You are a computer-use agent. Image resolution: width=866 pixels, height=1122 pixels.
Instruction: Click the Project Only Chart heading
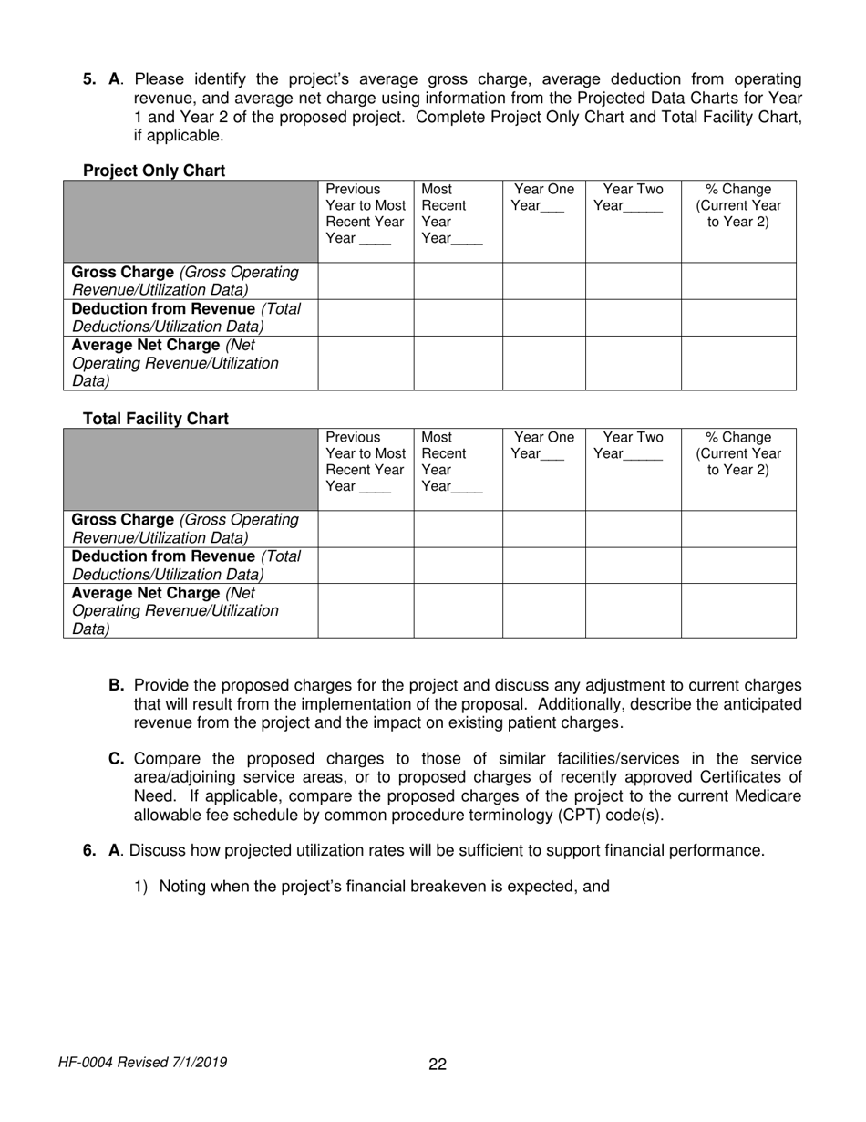point(154,171)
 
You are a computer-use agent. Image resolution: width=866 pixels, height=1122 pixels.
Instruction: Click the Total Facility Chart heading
point(156,419)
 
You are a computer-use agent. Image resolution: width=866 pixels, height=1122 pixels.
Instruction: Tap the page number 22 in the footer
point(438,1064)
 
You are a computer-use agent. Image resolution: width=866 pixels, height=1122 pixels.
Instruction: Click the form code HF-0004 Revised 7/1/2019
point(142,1062)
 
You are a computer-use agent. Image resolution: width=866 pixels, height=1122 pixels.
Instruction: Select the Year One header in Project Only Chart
point(543,198)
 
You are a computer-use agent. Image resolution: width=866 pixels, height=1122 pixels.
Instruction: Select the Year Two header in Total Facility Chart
point(633,445)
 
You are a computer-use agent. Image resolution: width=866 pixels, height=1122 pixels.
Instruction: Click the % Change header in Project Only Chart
point(738,206)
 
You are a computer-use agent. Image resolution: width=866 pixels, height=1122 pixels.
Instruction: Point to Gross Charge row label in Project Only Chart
point(185,281)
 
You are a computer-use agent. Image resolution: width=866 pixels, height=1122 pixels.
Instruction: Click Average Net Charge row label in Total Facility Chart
point(175,610)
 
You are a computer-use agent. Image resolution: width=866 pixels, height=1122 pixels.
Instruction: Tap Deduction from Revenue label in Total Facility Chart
point(186,565)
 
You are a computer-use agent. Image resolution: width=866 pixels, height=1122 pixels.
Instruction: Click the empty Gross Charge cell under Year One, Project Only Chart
point(543,281)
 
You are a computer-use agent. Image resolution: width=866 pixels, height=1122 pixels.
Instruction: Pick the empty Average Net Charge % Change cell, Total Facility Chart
point(738,610)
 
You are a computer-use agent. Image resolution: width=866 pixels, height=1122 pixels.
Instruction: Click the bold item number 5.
point(89,79)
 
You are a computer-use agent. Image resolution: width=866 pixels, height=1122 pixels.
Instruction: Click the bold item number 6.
point(89,850)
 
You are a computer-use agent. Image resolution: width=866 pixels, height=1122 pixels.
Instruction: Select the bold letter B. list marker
point(117,685)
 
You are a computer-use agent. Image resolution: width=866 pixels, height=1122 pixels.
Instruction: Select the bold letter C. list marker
point(117,759)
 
